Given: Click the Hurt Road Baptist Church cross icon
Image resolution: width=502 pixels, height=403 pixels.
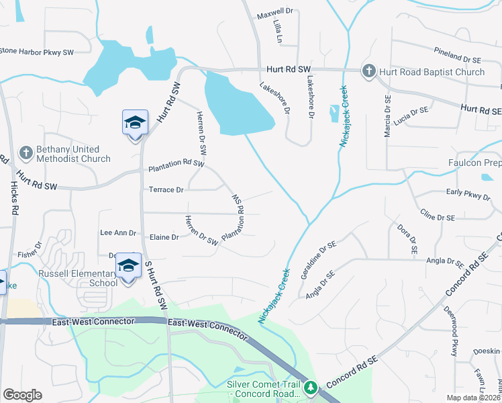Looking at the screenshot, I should point(368,71).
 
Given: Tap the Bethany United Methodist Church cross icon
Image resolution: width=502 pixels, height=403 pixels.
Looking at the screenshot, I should point(26,153).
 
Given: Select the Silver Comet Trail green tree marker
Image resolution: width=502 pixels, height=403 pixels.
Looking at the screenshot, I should point(310,388).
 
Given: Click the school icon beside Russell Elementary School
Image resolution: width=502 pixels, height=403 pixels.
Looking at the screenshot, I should point(128,267).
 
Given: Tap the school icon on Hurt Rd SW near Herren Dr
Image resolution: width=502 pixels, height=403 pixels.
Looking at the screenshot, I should point(135,124).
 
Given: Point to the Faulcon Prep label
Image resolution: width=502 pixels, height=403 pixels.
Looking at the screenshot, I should point(474,163).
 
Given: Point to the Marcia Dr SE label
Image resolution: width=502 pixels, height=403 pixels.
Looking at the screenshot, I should point(387,116).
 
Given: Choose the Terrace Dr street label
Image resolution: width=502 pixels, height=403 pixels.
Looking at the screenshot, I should point(166,190).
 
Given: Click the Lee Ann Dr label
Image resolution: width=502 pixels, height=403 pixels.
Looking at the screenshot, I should point(117,233).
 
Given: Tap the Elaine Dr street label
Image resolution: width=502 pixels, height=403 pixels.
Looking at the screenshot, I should point(164,237).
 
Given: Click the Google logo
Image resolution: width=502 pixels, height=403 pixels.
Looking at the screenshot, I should point(22,395).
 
